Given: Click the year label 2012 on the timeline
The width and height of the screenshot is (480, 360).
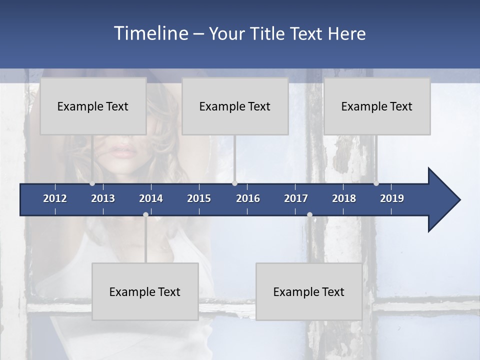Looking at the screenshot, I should click(55, 198).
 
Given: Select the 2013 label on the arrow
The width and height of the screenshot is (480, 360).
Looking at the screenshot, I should click(103, 198).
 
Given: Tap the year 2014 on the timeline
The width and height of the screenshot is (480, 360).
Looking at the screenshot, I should click(151, 198).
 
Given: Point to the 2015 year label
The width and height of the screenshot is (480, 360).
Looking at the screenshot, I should click(199, 198).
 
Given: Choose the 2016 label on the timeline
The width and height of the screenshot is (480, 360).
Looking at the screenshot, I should click(248, 198).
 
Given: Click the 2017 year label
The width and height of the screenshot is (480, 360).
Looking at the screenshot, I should click(296, 198).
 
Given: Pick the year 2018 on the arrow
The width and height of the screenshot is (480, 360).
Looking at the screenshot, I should click(344, 198).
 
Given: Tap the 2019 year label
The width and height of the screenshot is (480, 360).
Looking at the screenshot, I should click(392, 198).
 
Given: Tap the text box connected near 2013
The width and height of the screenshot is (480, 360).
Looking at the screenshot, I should click(93, 106).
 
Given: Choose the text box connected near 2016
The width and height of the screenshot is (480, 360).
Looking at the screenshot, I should click(235, 106).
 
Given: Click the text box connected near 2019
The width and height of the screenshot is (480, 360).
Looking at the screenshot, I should click(377, 106).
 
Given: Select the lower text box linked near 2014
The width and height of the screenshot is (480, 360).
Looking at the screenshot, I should click(145, 291).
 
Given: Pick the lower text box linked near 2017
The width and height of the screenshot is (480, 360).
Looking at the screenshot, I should click(309, 291).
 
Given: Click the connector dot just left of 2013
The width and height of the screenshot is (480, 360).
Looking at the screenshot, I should click(92, 183).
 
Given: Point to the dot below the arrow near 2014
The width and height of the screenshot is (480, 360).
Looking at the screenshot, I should click(145, 214).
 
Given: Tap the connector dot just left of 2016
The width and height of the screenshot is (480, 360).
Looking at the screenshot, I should click(234, 183).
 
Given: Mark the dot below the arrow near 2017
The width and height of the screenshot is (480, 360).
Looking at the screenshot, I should click(309, 214).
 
